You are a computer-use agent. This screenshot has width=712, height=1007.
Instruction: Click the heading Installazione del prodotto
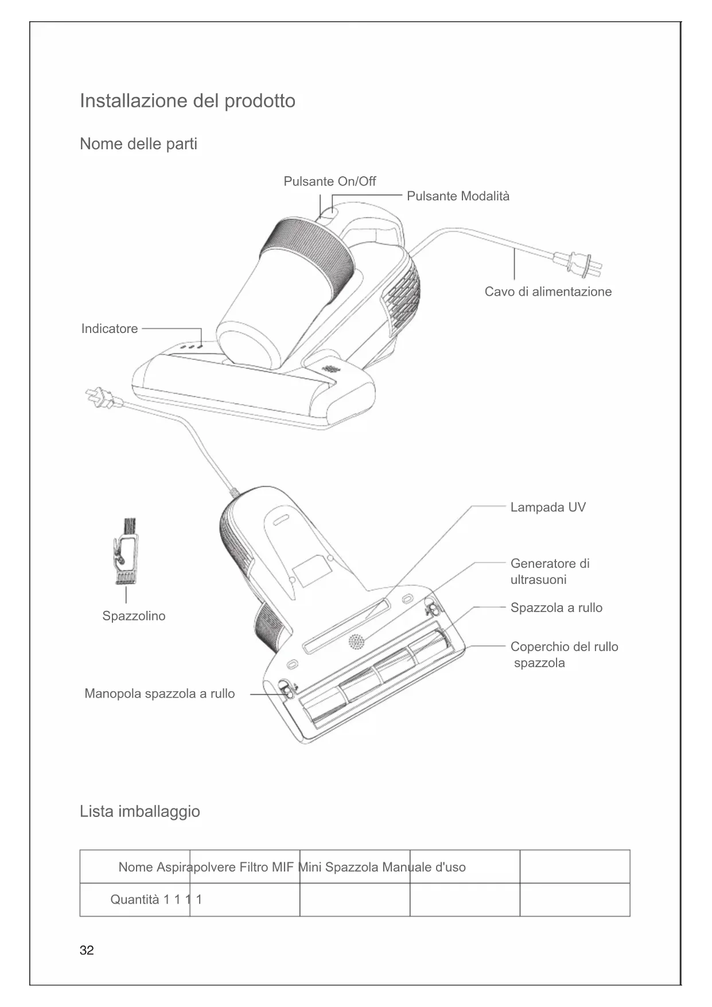(x=187, y=101)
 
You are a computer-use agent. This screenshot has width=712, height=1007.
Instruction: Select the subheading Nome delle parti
(x=138, y=144)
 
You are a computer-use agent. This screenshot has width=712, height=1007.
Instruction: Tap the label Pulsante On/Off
(x=329, y=181)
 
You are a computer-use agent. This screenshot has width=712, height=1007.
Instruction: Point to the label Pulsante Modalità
(x=458, y=196)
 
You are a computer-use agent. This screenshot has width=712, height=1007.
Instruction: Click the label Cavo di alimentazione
(x=548, y=292)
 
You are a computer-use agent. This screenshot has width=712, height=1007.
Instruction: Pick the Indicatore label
(x=110, y=329)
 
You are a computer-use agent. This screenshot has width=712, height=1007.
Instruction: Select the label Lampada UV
(x=548, y=508)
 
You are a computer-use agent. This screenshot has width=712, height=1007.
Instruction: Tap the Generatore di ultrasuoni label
(x=549, y=572)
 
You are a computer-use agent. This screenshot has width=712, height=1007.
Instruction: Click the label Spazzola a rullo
(x=556, y=608)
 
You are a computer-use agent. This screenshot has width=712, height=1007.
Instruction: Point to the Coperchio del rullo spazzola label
(x=563, y=655)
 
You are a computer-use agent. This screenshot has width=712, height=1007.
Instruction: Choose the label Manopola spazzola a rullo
(x=159, y=694)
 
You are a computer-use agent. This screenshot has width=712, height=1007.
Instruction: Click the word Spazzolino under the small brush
(x=134, y=616)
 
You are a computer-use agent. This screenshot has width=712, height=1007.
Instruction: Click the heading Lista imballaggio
(x=140, y=812)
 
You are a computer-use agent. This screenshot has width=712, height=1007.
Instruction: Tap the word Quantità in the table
(x=135, y=900)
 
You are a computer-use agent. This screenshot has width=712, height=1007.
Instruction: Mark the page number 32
(x=87, y=951)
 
